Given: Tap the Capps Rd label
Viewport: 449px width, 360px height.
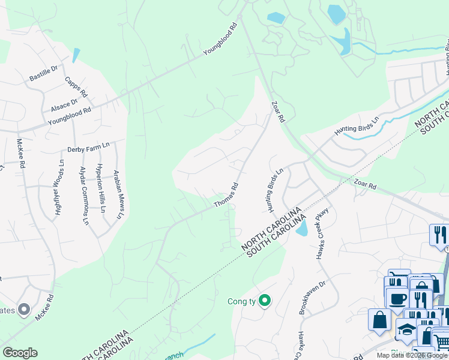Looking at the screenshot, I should point(76,88).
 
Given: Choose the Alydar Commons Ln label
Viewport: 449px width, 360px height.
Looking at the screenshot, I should point(83,196).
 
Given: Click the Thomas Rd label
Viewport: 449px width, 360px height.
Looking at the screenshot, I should point(227,196).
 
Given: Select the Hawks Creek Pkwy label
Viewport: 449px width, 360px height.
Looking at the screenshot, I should point(324,235).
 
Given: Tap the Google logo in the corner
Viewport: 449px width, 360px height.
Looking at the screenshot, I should point(20,353).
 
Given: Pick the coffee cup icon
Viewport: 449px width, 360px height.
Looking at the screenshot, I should point(397,298).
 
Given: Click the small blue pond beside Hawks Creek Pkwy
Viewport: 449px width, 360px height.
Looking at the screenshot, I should point(301,228).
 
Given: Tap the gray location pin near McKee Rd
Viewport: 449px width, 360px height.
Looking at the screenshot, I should point(24,310).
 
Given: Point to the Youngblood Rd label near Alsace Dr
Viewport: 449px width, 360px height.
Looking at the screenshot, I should point(69,115).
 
